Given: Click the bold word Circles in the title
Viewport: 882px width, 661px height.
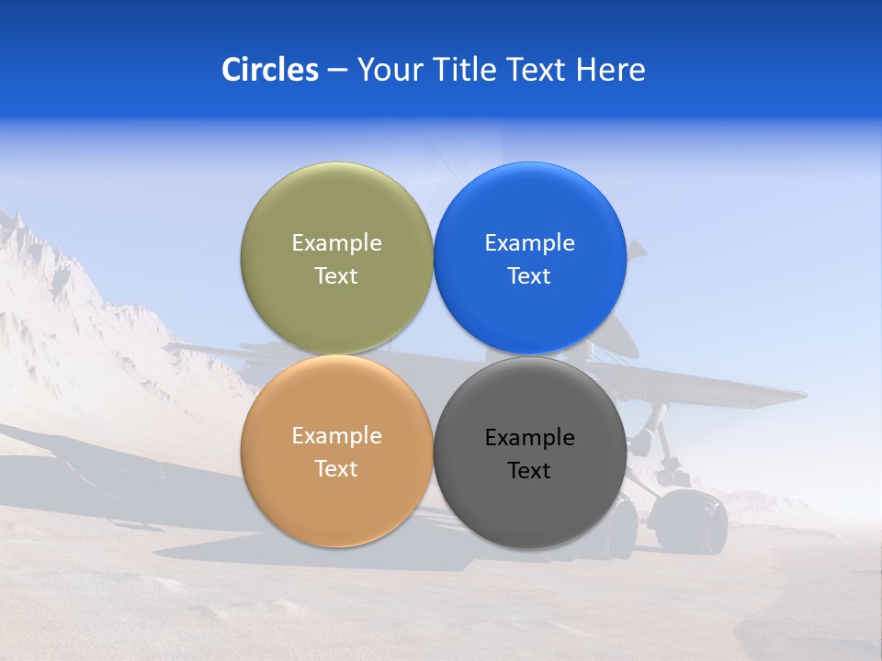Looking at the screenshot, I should (269, 70).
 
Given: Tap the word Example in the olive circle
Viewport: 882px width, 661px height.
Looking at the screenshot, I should (336, 243).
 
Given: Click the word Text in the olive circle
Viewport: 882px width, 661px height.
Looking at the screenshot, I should (336, 276).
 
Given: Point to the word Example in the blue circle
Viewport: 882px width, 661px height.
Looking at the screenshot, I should (529, 243).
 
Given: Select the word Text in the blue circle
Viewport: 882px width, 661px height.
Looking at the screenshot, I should (529, 276).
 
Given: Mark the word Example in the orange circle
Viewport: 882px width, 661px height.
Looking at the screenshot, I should (336, 436).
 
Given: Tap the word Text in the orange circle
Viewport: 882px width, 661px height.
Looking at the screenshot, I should (336, 469).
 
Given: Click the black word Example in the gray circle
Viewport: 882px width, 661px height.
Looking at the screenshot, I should (529, 438).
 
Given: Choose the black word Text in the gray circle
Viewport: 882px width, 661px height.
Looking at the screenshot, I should (529, 471).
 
